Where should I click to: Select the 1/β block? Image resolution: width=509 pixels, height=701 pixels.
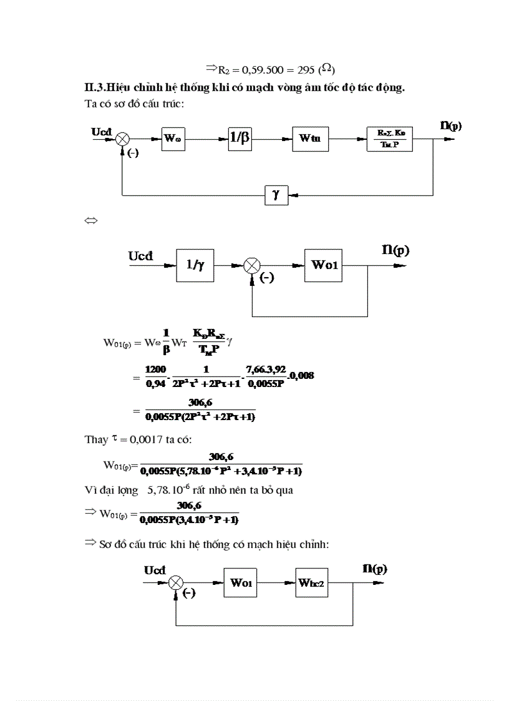pos(240,139)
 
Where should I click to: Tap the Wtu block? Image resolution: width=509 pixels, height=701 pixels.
pos(309,139)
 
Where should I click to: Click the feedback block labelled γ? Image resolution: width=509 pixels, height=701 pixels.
pos(275,195)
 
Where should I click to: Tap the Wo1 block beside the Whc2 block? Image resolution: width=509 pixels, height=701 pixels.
pos(241,583)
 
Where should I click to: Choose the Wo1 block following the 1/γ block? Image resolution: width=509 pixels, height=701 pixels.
pos(324,265)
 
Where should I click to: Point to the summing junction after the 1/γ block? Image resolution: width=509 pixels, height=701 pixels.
pos(252,265)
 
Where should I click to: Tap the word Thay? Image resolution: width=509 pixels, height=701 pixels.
pos(96,439)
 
